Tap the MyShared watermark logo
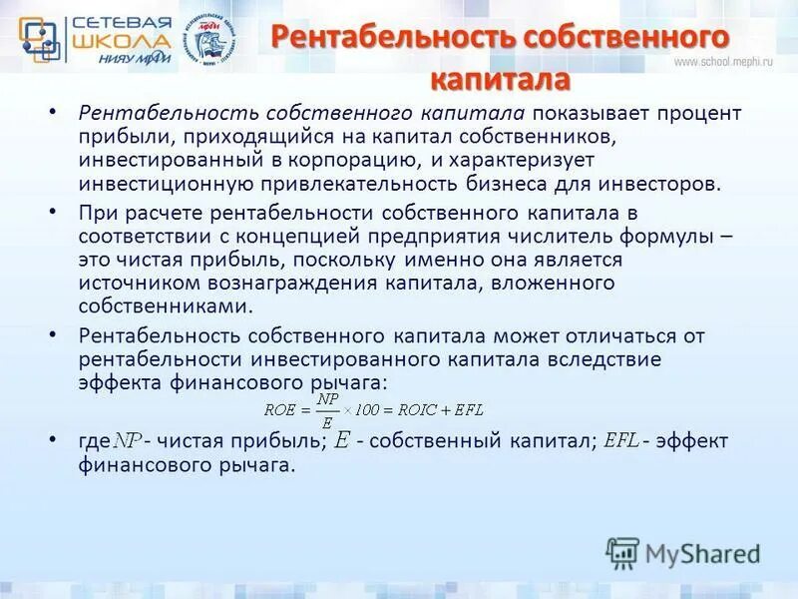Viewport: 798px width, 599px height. [x=684, y=553]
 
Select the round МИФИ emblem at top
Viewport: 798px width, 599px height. [x=213, y=40]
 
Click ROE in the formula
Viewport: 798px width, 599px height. [x=278, y=409]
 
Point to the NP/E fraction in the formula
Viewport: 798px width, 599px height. [x=326, y=407]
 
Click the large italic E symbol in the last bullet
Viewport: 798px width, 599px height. [x=342, y=440]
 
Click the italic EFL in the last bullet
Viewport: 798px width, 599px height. [x=621, y=440]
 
